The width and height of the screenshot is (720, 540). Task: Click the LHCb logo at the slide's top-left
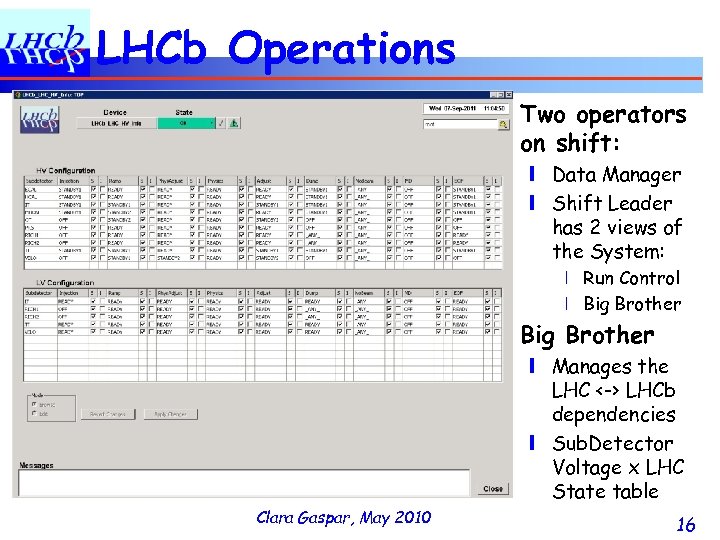45,45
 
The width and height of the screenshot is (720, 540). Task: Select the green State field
184,124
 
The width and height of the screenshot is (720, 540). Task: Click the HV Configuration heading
66,171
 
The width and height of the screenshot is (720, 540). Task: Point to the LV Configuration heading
66,284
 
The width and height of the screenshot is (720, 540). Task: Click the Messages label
37,465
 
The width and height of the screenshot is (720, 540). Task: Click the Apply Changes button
169,414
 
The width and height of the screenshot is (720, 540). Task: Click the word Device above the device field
115,113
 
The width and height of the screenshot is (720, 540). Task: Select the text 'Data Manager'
616,175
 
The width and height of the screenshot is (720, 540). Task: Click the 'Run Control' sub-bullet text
631,278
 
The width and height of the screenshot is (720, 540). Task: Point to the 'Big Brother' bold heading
588,335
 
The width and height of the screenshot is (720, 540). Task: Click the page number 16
685,524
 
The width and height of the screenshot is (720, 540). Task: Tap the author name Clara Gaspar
300,517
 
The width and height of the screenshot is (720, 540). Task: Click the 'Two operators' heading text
604,115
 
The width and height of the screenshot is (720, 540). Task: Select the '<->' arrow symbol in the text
611,391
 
